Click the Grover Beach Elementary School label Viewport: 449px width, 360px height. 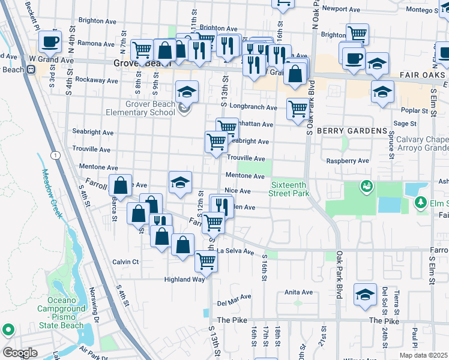point(150,108)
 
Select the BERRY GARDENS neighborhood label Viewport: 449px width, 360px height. point(352,131)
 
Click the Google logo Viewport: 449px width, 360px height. point(20,352)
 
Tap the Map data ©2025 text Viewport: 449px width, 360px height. point(423,355)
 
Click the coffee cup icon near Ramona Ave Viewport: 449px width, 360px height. point(50,41)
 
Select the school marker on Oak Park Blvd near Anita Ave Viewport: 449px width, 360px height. point(365,295)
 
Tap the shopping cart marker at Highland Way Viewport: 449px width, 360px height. point(206,261)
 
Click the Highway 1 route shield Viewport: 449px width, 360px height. point(56,155)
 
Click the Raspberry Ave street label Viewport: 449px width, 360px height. point(347,161)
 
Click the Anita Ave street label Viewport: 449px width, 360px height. point(299,292)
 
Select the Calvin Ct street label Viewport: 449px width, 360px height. point(126,262)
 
